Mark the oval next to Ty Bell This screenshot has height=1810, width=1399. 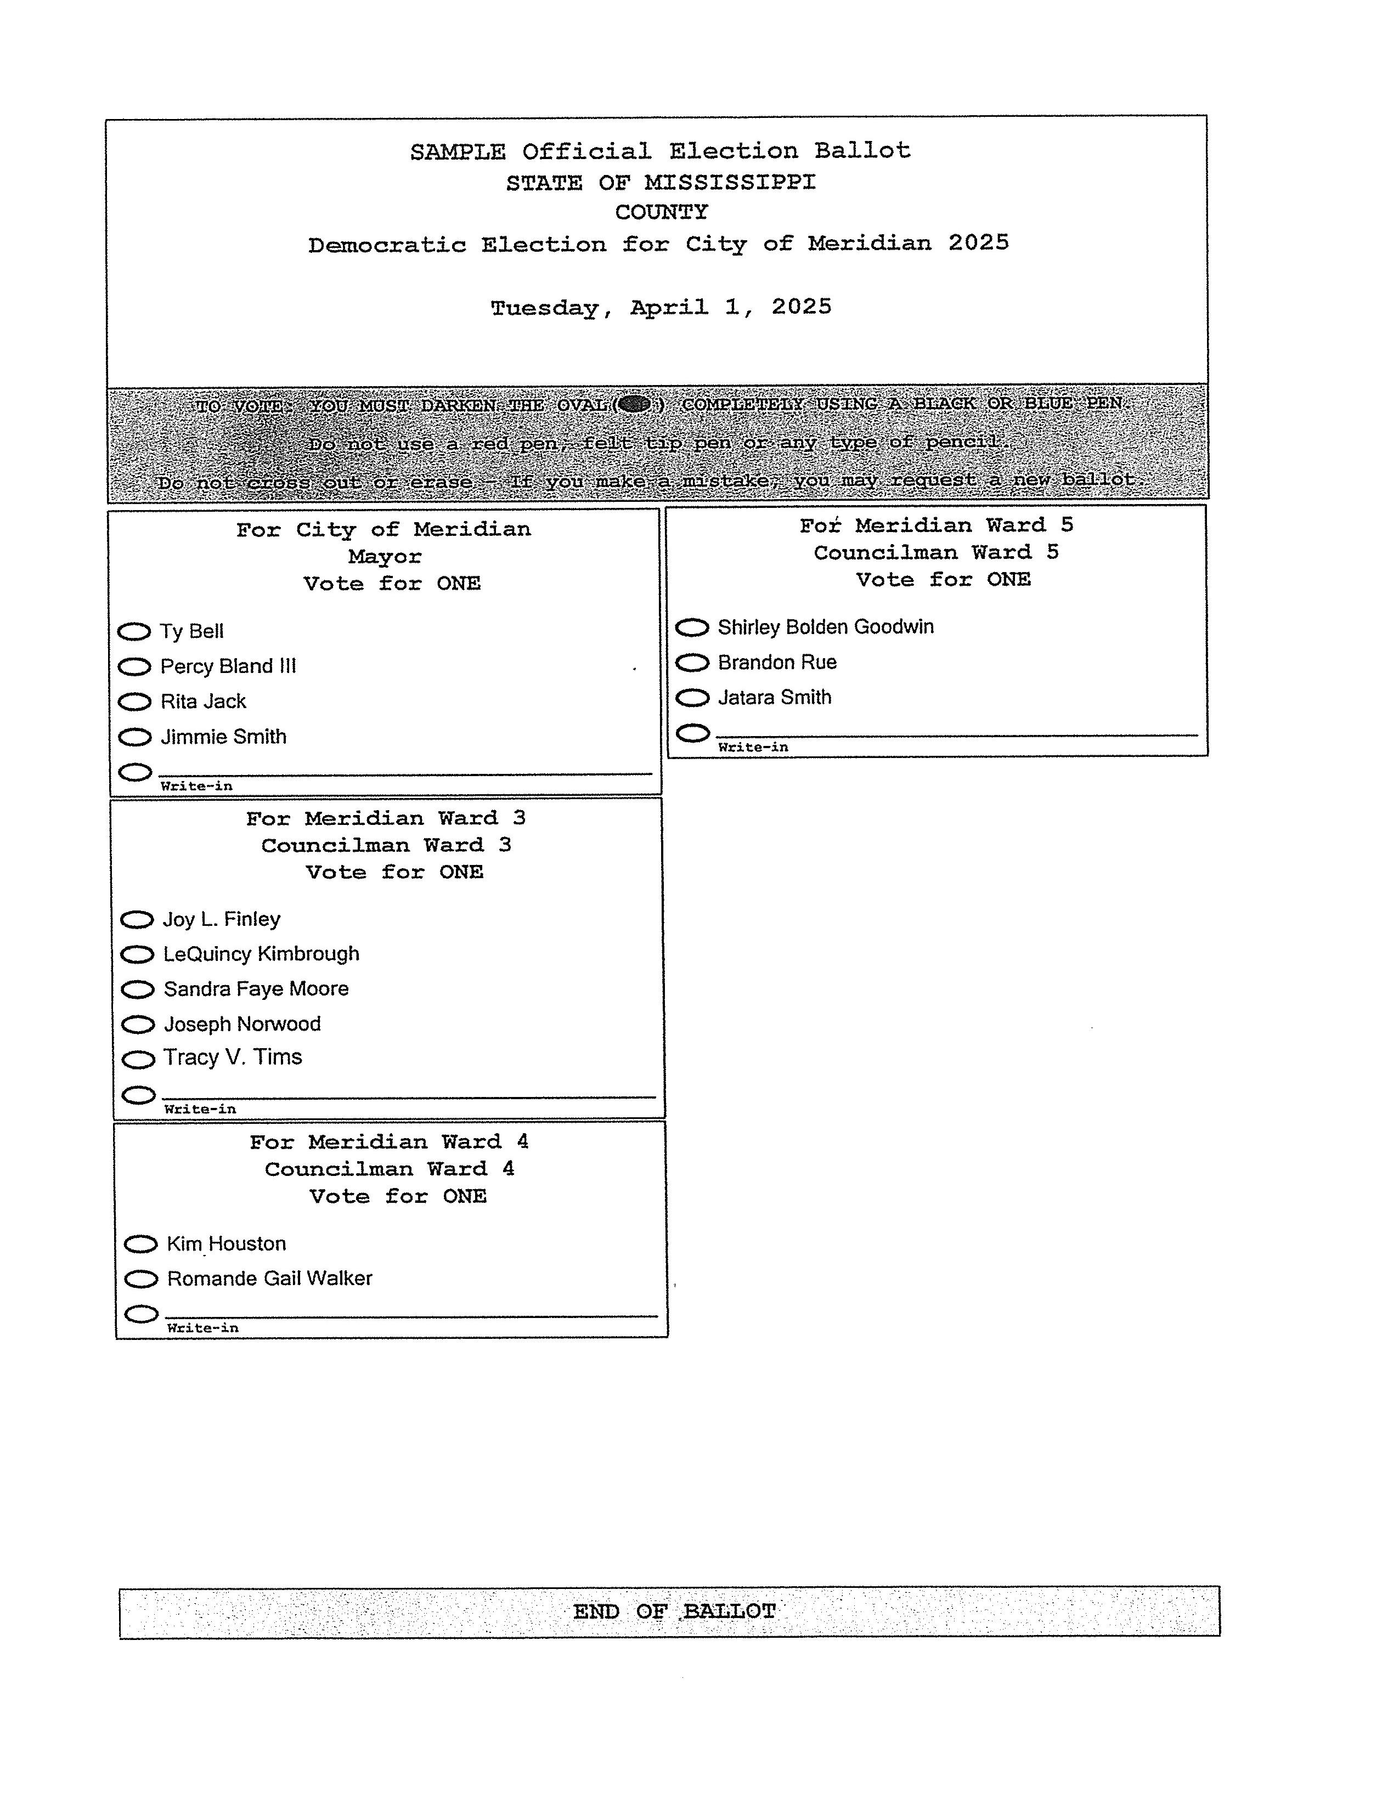coord(133,631)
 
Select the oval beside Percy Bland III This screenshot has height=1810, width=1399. coord(134,666)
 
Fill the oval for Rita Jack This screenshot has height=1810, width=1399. coord(134,702)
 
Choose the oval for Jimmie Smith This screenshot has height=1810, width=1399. coord(134,737)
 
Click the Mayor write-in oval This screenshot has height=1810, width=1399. coord(135,772)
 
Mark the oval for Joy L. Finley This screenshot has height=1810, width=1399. coord(137,919)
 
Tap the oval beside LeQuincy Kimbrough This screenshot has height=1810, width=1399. coord(138,955)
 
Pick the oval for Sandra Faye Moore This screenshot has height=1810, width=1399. coord(138,989)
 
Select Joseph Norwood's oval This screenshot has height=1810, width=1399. coord(138,1025)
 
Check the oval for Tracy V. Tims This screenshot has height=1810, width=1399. coord(138,1059)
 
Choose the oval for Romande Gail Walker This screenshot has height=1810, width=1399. coord(141,1279)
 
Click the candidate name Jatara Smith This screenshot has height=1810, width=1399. coord(774,698)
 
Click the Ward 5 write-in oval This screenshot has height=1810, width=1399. coord(693,733)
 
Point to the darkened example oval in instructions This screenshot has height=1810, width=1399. coord(634,404)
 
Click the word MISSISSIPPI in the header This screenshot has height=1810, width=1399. coord(730,182)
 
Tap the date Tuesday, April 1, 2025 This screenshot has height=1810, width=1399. coord(661,308)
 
